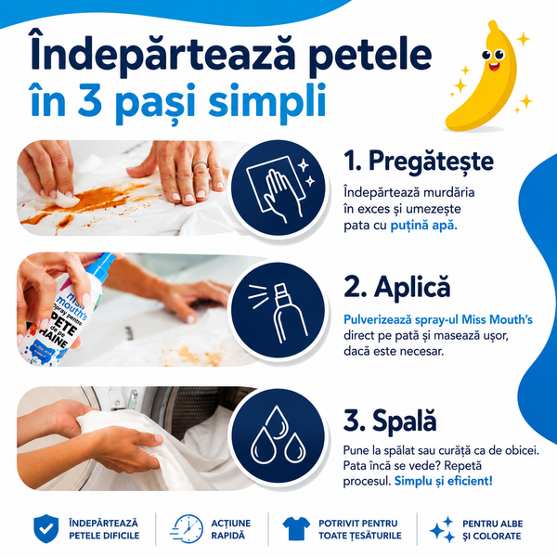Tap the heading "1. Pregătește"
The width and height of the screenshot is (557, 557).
click(x=419, y=162)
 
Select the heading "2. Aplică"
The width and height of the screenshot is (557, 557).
click(x=396, y=287)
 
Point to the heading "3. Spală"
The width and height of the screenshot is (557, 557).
click(x=390, y=421)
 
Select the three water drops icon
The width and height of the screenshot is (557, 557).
click(x=278, y=436)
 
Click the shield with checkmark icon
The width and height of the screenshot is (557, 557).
click(x=46, y=528)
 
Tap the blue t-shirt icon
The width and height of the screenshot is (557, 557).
click(x=296, y=528)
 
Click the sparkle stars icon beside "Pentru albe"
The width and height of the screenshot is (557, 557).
click(x=443, y=530)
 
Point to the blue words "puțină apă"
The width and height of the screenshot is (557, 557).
click(x=424, y=226)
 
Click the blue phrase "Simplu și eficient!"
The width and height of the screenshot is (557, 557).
click(x=444, y=481)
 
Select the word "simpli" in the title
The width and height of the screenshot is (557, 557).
click(x=267, y=99)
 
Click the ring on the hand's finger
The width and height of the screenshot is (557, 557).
click(x=200, y=165)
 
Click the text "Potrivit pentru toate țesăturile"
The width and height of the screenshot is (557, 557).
click(x=360, y=529)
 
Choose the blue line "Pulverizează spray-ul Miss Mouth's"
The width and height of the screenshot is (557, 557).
click(x=438, y=319)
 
